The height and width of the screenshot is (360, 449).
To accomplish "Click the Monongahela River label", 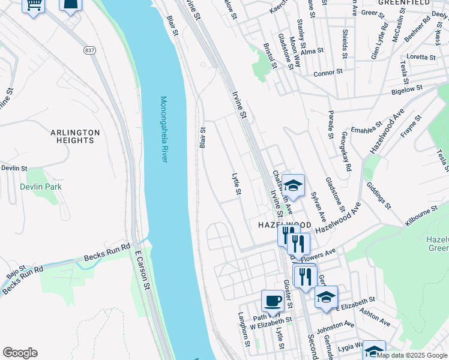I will pos(163,129).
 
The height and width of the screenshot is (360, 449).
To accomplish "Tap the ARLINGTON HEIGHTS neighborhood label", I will pos(75,136).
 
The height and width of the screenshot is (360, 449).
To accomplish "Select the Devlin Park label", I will pos(41,187).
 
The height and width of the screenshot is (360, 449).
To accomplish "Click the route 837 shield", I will pos(90,50).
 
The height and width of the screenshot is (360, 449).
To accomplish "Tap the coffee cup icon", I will pos(273,300).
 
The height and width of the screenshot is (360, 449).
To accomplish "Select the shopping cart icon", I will pos(34,5).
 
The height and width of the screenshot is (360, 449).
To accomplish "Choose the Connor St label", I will pos(328,73).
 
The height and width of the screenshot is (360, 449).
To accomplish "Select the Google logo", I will pos(20,353).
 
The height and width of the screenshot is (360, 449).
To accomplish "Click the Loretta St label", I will pos(421,57).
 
